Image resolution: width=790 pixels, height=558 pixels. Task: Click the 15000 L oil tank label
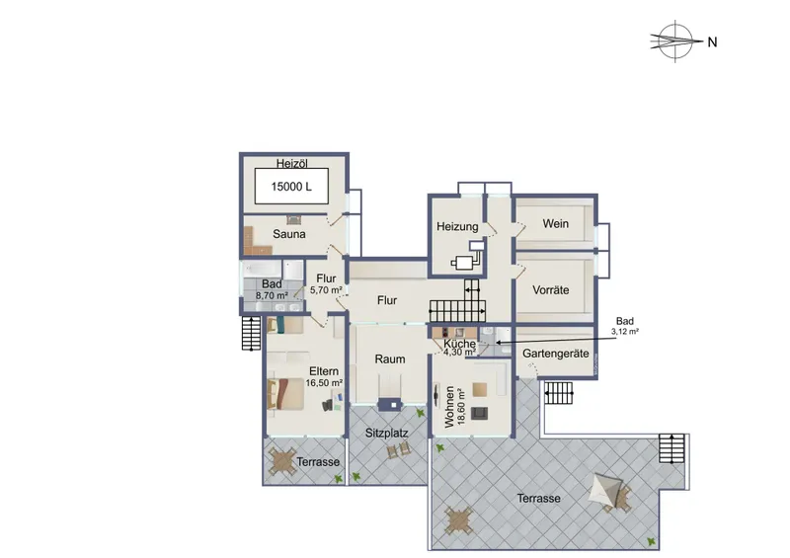click(x=291, y=187)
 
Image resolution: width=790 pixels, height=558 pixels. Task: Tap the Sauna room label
click(x=289, y=234)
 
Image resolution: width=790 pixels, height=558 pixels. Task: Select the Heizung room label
click(x=457, y=227)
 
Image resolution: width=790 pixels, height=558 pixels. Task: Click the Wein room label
click(x=556, y=223)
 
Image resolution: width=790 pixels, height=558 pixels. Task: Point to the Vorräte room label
click(x=551, y=289)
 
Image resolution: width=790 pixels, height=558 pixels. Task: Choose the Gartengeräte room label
click(x=556, y=354)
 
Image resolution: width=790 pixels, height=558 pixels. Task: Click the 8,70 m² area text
click(x=273, y=296)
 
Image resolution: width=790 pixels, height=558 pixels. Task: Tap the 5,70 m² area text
click(x=326, y=290)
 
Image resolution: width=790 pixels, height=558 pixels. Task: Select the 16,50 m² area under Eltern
click(x=324, y=383)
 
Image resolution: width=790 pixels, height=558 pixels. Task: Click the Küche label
click(x=459, y=344)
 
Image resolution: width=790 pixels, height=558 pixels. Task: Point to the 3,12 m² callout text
click(x=625, y=332)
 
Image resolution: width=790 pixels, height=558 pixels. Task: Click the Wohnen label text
click(x=449, y=407)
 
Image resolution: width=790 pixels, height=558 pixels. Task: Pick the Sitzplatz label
click(x=386, y=433)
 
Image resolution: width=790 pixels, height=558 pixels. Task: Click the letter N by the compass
click(x=712, y=42)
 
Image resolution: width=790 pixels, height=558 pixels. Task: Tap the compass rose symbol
click(x=675, y=41)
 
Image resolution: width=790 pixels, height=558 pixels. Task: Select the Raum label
click(x=390, y=359)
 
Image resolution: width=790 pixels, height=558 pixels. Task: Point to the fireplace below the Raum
click(x=390, y=404)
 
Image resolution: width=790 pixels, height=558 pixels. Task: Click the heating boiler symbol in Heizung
click(x=467, y=257)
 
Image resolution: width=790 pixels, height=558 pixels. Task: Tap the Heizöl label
click(x=291, y=163)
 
